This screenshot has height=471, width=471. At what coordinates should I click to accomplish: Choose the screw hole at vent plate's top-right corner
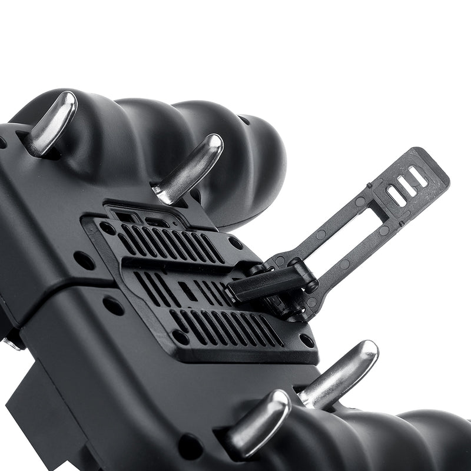pyautogui.click(x=235, y=243)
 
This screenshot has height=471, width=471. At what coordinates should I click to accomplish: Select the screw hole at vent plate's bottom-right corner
pyautogui.click(x=306, y=341)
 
